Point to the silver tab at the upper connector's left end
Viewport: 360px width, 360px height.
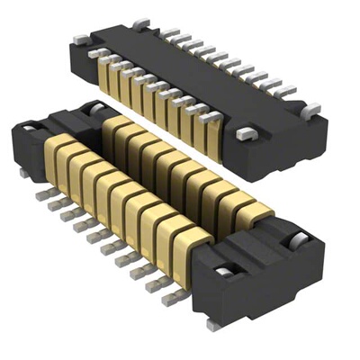coord(78,38)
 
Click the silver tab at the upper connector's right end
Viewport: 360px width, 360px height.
coord(311,110)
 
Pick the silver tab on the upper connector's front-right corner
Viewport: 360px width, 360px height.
coord(246,134)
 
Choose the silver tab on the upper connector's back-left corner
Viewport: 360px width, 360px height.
coord(139,22)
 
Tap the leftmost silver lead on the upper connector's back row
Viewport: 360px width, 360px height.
coord(170,33)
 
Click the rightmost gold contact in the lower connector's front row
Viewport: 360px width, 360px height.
coord(193,243)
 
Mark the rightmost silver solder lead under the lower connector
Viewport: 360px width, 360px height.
coord(175,294)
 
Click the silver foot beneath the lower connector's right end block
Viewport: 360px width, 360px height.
coord(213,322)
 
